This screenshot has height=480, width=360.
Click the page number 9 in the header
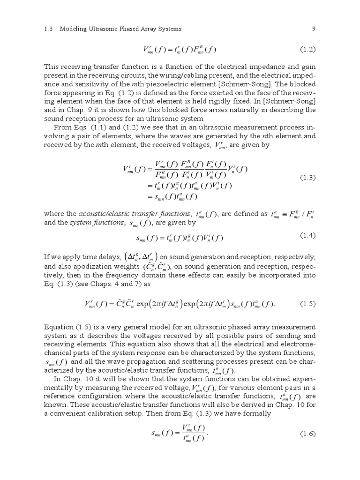point(314,29)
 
